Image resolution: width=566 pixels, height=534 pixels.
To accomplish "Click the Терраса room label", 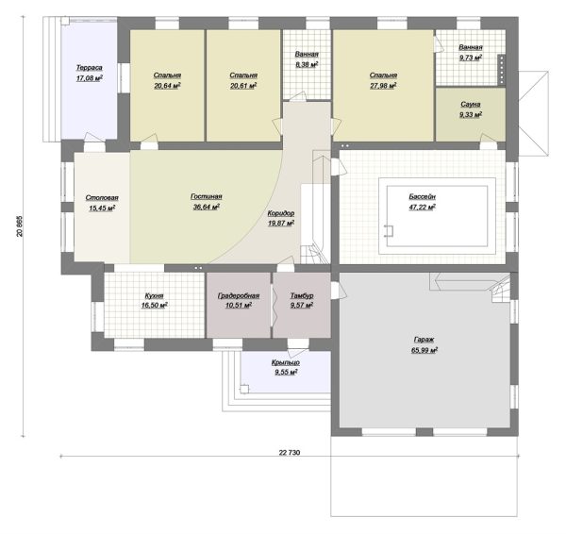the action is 90,68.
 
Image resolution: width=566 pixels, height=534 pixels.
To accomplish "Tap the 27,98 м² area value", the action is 383,86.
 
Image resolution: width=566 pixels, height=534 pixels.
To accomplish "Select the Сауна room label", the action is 471,105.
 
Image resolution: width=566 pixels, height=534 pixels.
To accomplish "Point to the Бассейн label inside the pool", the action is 422,197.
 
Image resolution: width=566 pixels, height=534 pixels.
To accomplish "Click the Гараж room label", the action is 424,340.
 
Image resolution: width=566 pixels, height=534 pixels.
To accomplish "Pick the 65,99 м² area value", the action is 424,350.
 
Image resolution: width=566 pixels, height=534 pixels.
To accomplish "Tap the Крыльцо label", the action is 286,362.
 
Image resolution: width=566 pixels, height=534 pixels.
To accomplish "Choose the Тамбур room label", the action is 302,295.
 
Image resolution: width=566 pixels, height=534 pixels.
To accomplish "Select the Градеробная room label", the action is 239,295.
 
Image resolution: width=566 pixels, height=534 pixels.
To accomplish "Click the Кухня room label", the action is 154,295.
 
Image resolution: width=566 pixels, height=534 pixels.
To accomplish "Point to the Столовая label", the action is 102,198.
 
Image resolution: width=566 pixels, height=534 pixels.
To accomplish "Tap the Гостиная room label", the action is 206,197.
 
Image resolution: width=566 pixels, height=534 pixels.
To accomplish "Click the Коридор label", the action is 281,213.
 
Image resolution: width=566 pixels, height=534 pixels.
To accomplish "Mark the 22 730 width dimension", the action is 290,452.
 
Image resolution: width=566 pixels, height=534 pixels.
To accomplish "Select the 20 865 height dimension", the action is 20,226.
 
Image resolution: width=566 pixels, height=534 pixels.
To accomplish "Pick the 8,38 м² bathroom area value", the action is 307,65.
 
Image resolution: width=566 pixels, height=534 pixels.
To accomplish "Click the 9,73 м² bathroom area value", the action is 471,58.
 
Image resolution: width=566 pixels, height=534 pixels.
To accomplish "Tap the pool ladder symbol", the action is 389,230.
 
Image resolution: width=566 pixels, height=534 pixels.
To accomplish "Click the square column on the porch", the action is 244,389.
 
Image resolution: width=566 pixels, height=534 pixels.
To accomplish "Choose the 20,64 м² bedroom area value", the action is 167,86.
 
